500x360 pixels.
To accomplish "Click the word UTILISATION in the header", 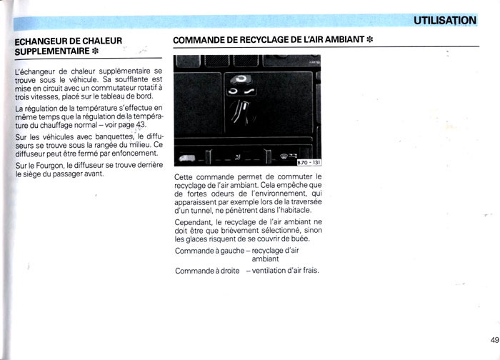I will pos(444,20).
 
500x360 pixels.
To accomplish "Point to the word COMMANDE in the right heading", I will pos(200,38).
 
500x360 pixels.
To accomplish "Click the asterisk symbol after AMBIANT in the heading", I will pos(370,38).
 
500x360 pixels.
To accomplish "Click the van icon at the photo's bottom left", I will pos(188,157).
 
